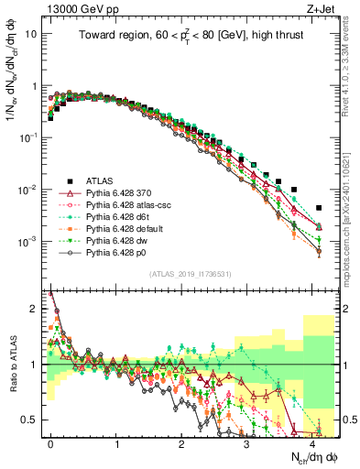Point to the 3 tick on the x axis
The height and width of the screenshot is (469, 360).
pyautogui.click(x=246, y=443)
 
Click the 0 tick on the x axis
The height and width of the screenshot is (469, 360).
pyautogui.click(x=51, y=443)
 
